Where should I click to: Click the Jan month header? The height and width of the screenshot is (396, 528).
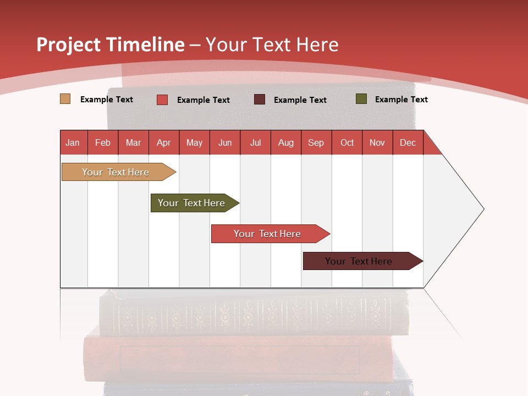click(x=73, y=142)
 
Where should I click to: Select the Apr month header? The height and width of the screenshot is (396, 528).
click(x=163, y=142)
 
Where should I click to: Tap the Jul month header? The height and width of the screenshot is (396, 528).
click(x=255, y=142)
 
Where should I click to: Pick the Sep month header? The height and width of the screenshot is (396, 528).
click(x=316, y=142)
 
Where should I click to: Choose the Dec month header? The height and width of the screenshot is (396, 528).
click(x=408, y=142)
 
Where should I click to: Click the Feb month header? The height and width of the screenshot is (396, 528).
click(x=103, y=142)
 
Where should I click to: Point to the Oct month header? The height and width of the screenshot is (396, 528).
click(x=347, y=142)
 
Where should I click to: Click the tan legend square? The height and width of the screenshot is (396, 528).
click(x=65, y=99)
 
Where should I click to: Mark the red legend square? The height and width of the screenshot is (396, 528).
click(x=162, y=100)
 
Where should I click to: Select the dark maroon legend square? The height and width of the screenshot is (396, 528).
click(x=260, y=100)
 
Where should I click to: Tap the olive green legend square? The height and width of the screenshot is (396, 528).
click(x=361, y=99)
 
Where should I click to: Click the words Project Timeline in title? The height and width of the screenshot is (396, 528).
click(x=111, y=45)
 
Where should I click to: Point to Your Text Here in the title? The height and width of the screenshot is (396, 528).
click(x=272, y=45)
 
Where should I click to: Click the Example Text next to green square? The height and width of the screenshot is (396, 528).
click(x=401, y=100)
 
